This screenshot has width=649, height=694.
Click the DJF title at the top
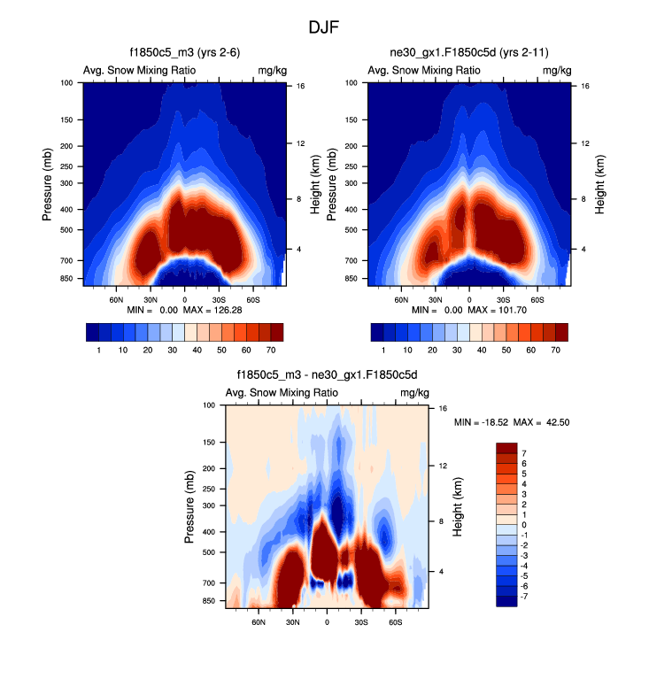324,27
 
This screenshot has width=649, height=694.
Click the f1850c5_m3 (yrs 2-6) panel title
185,54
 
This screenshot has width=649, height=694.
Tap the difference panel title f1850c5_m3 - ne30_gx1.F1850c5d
327,375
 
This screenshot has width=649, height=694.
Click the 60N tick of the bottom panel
259,622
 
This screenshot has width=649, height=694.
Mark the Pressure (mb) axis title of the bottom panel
191,506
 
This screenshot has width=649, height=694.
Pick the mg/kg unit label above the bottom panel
414,393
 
